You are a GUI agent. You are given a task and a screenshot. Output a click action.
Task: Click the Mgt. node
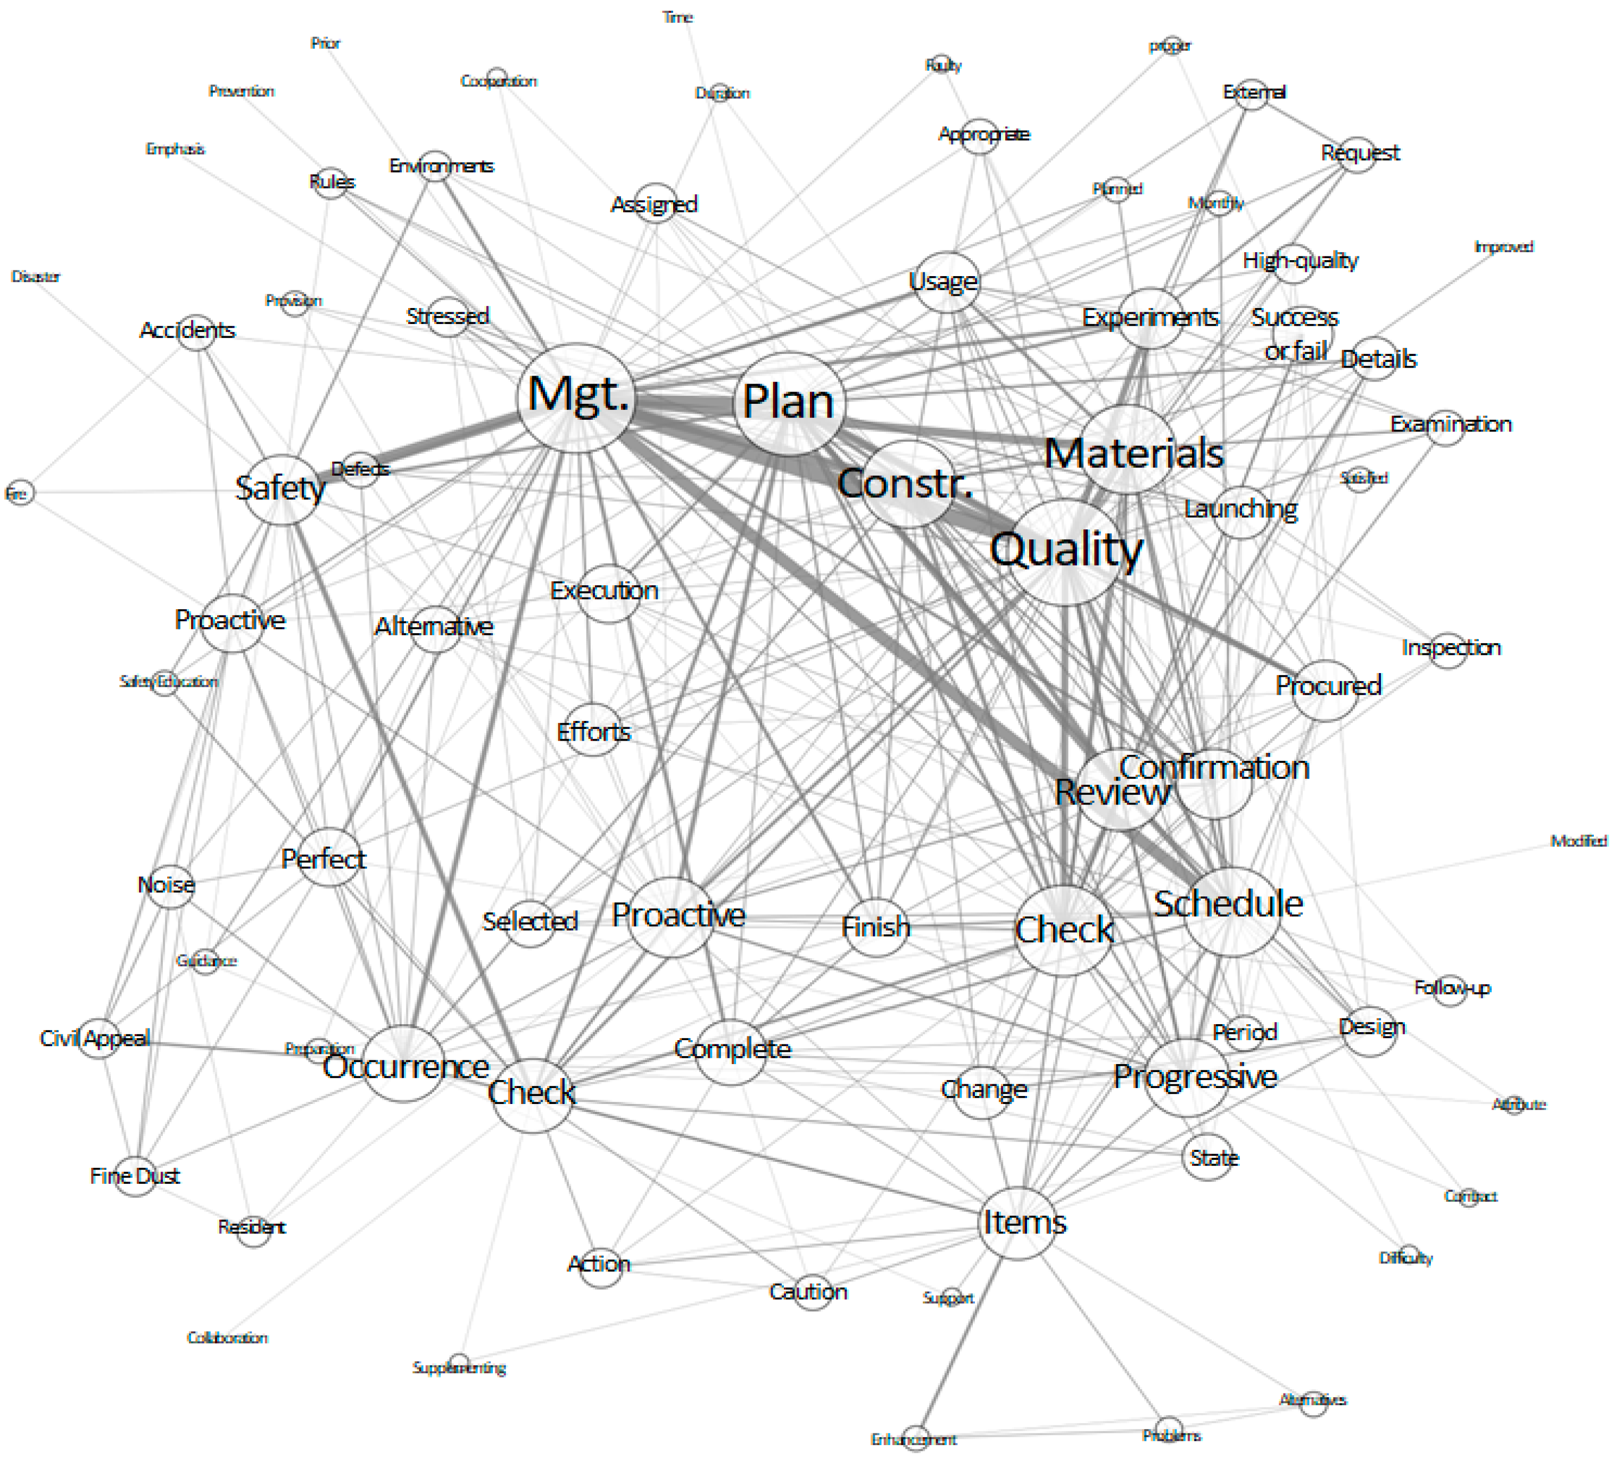pyautogui.click(x=576, y=397)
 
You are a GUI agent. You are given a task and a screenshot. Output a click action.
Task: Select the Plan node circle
pyautogui.click(x=789, y=403)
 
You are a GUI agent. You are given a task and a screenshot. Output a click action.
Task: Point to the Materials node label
pyautogui.click(x=1133, y=453)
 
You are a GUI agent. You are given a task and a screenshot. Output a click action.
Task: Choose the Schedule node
pyautogui.click(x=1230, y=911)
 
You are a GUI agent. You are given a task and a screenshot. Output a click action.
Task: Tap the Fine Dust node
pyautogui.click(x=135, y=1176)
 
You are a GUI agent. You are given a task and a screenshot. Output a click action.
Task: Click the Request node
pyautogui.click(x=1360, y=153)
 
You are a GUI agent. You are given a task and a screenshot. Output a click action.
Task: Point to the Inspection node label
pyautogui.click(x=1451, y=647)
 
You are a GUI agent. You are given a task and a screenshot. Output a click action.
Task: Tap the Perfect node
pyautogui.click(x=324, y=859)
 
